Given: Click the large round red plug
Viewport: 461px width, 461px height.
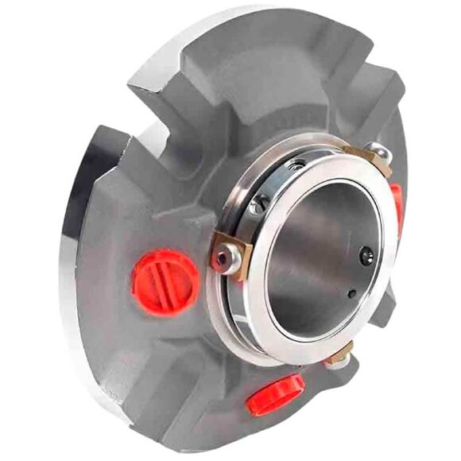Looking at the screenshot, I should [165, 282].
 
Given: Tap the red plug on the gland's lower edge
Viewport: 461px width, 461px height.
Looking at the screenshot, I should [274, 393].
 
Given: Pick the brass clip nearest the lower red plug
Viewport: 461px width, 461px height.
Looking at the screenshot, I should [339, 355].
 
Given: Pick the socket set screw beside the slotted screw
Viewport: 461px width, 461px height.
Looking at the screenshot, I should [296, 164].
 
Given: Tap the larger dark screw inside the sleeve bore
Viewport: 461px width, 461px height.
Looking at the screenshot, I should [366, 255].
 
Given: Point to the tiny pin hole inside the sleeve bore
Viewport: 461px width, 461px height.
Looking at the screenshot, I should [351, 293].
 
